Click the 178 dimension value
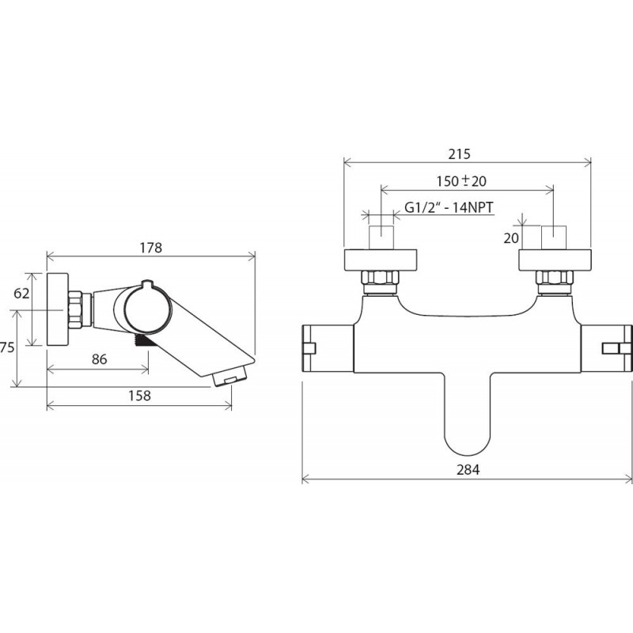click(x=151, y=248)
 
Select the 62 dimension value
click(x=21, y=293)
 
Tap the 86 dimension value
click(x=100, y=359)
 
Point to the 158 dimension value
click(x=140, y=396)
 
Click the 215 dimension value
click(x=459, y=154)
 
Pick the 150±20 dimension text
click(x=461, y=181)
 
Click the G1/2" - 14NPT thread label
click(x=449, y=207)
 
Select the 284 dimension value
click(x=468, y=470)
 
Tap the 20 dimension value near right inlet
click(x=510, y=238)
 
